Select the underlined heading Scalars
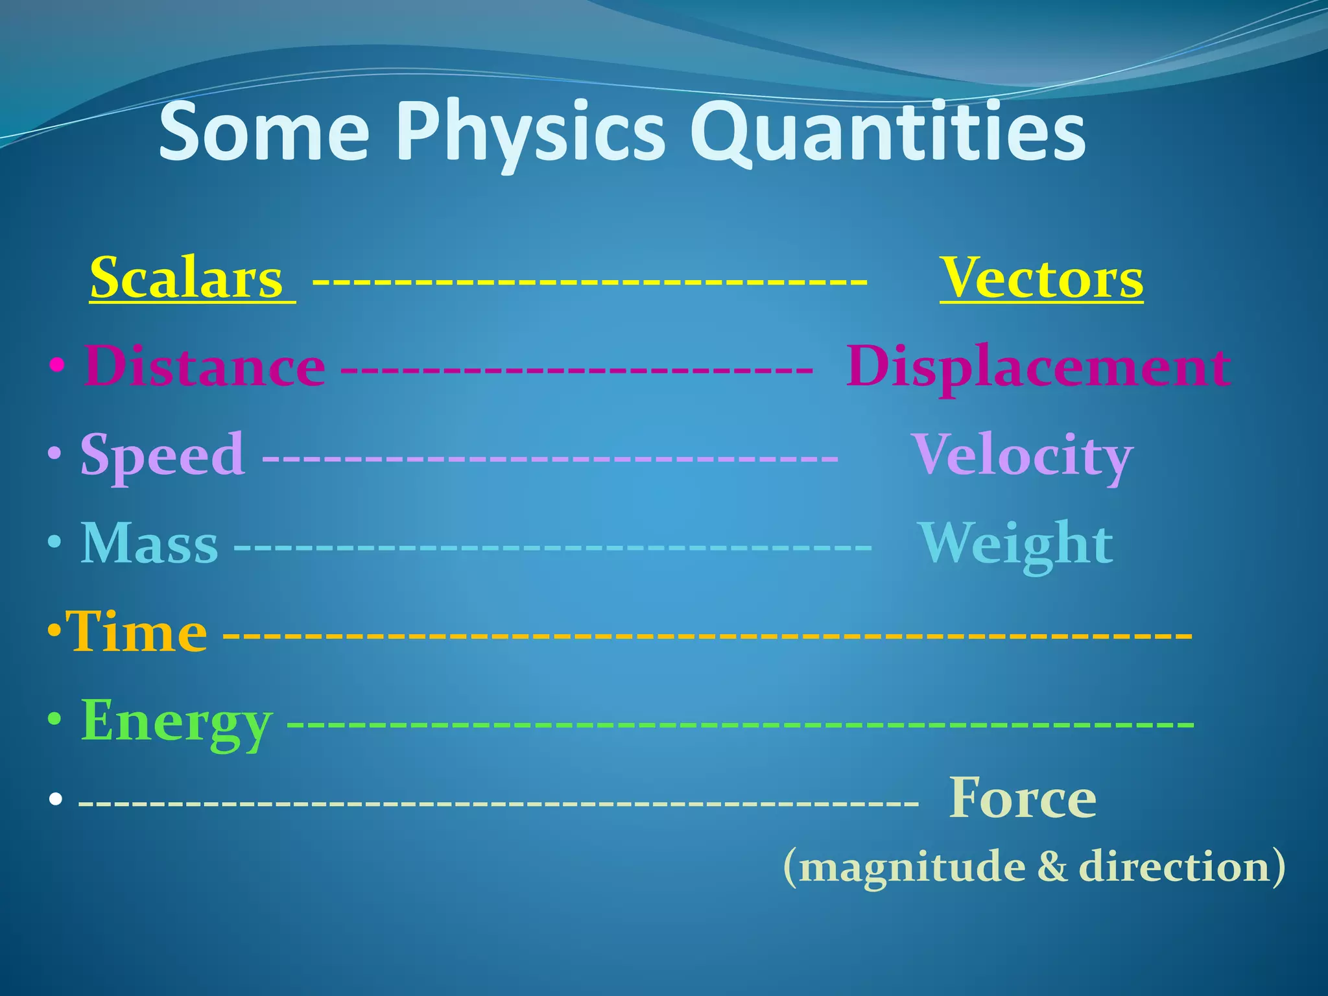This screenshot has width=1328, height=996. (x=187, y=279)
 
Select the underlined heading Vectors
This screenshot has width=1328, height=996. (x=1041, y=279)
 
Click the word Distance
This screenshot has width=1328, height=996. (x=204, y=367)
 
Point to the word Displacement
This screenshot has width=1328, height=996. (x=1037, y=367)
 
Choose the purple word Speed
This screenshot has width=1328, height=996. (x=163, y=455)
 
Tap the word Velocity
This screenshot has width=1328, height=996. (x=1023, y=455)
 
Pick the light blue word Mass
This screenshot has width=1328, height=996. (x=149, y=543)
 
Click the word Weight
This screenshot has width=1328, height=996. (x=1016, y=543)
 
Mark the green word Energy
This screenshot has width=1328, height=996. (x=176, y=721)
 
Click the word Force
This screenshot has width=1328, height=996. (x=1023, y=799)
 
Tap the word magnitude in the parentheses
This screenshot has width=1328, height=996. (x=912, y=867)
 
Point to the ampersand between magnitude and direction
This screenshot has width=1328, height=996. (x=1052, y=867)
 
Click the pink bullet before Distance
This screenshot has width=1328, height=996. (x=58, y=366)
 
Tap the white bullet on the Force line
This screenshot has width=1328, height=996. (x=56, y=801)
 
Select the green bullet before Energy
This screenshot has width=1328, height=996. (x=56, y=720)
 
